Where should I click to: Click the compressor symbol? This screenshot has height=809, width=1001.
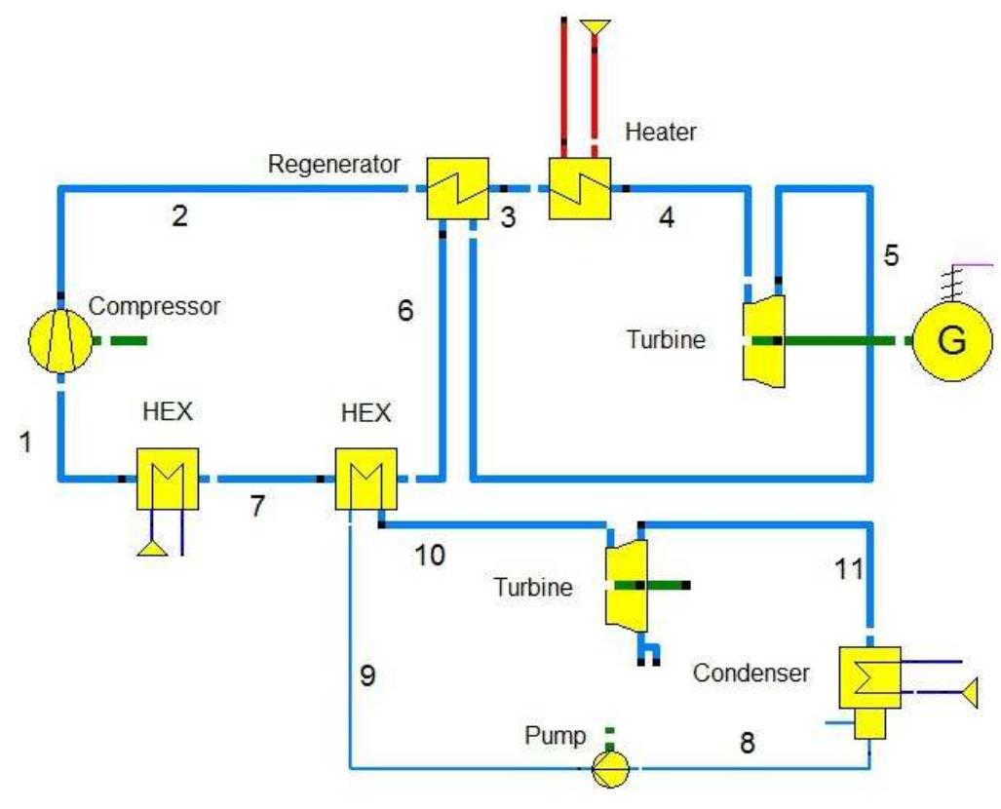[x=59, y=342]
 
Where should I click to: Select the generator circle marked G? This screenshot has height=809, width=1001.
[x=950, y=341]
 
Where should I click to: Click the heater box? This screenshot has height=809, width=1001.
[x=579, y=189]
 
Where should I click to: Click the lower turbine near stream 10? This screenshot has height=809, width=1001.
[x=625, y=585]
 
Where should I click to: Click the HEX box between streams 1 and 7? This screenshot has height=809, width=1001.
[x=168, y=479]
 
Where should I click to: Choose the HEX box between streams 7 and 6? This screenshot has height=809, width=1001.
[x=366, y=479]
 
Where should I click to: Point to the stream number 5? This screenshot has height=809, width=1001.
[x=891, y=255]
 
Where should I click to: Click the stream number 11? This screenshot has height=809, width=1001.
[x=849, y=568]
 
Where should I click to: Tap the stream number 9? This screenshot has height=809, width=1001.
[x=366, y=676]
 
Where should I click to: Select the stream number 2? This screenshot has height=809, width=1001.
[x=178, y=216]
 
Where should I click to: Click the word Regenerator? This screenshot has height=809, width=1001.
[x=333, y=162]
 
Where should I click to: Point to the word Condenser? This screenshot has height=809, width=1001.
[x=751, y=673]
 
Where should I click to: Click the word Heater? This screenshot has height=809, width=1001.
[x=662, y=132]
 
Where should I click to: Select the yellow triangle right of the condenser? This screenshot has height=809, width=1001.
[x=969, y=692]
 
